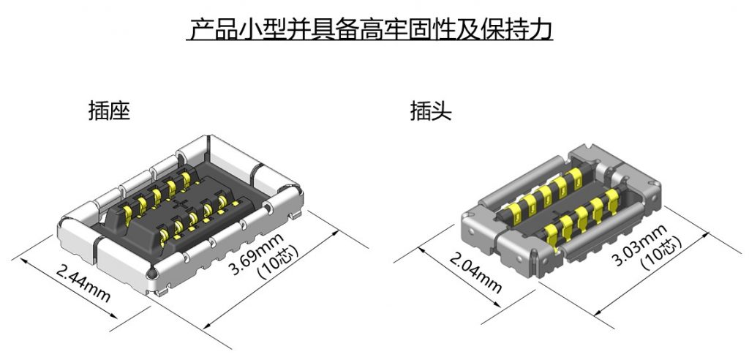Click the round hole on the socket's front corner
coord(151,273)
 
